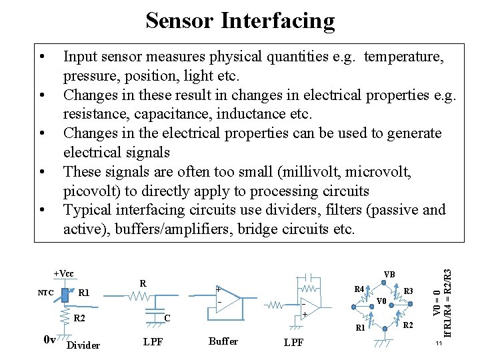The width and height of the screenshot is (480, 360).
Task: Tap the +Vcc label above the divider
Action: click(x=64, y=273)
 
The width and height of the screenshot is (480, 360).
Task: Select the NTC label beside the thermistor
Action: click(x=45, y=293)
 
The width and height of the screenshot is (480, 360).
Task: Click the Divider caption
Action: click(x=84, y=345)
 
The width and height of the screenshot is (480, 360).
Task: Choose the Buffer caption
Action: click(x=223, y=341)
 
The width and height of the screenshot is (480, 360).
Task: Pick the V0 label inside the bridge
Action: click(x=381, y=301)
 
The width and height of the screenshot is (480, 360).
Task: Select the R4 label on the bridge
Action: click(x=359, y=289)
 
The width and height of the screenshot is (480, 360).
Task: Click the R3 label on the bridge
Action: click(x=409, y=291)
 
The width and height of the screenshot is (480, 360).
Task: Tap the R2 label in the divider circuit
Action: click(x=79, y=317)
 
